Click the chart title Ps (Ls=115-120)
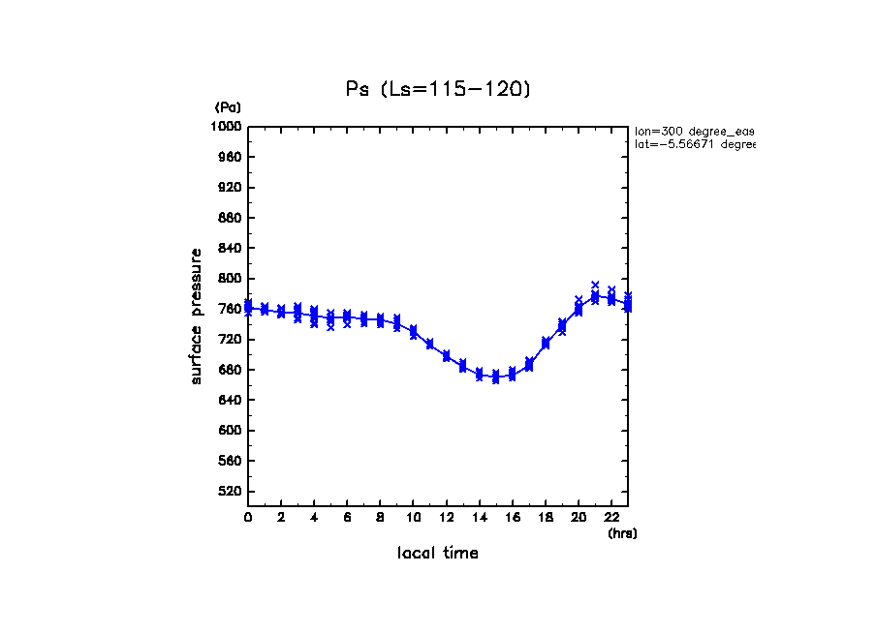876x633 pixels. (438, 89)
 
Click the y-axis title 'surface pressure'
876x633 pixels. (197, 316)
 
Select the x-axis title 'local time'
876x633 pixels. (438, 554)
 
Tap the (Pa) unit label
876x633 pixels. (228, 107)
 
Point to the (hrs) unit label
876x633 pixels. (622, 533)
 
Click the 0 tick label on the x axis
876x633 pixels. (248, 518)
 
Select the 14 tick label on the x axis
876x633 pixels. (480, 518)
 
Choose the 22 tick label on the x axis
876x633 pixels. (611, 518)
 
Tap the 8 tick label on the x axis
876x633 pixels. (380, 518)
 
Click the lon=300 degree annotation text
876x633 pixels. (694, 130)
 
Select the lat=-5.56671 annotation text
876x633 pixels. (694, 144)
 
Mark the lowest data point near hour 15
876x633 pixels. (495, 379)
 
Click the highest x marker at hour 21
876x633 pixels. (595, 285)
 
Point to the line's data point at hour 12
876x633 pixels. (446, 356)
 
